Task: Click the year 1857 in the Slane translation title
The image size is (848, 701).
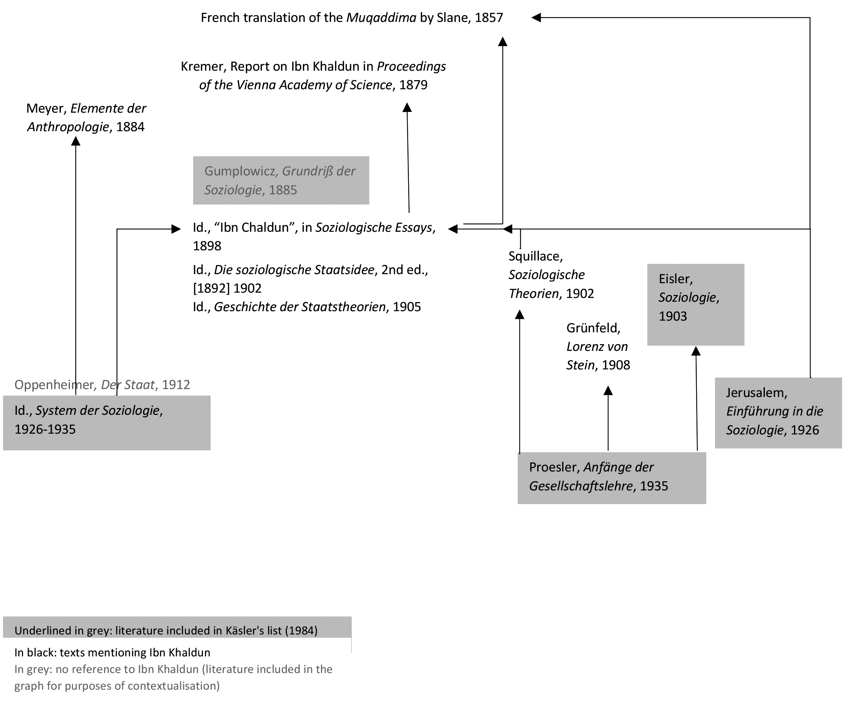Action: coord(489,18)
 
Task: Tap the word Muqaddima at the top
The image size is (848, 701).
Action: coord(381,18)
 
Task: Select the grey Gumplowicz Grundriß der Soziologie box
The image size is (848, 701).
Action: coord(280,180)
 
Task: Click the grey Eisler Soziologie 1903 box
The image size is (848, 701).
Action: coord(695,304)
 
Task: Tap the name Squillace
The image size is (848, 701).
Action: coord(535,256)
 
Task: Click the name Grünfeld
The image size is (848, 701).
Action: coord(593,328)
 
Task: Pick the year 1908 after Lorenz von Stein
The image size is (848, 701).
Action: coord(616,365)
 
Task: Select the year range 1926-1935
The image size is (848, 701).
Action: coord(45,429)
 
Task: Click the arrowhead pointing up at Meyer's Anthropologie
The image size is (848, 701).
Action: coord(76,141)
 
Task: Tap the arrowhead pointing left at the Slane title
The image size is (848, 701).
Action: coord(536,17)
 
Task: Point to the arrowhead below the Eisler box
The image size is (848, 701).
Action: coord(695,351)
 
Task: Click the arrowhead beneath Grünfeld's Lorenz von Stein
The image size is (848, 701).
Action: coord(608,391)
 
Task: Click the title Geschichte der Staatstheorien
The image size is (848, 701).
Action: coord(300,307)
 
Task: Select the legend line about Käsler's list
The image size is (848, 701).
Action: coord(166,630)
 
